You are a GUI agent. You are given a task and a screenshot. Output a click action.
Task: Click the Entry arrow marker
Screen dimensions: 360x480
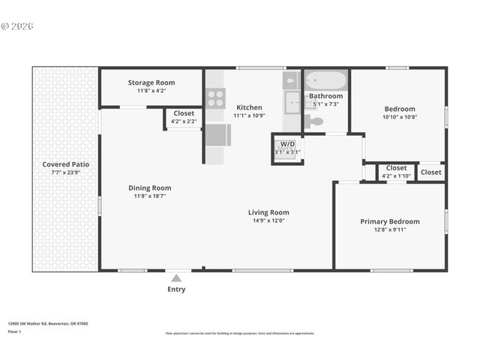pos(176,277)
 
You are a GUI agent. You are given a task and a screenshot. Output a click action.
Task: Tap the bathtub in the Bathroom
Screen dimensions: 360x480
pos(326,80)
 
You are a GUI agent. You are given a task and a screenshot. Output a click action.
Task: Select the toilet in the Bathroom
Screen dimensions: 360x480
pos(314,121)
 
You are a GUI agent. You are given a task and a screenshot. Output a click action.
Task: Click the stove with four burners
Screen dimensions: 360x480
pos(215,97)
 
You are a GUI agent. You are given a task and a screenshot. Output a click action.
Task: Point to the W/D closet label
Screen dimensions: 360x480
pos(287,144)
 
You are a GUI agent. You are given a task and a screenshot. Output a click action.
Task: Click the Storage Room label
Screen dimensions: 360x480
pos(151,82)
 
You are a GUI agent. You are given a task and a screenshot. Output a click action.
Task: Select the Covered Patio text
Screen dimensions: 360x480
pos(65,164)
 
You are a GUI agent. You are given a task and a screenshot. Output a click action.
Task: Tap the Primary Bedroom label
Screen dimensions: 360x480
pos(389,221)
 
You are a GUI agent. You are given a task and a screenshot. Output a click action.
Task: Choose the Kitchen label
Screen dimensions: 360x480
pos(249,107)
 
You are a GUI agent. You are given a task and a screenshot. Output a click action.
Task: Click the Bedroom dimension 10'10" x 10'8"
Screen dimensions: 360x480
pos(399,117)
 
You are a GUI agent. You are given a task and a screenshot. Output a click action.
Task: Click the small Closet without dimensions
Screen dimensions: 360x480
pos(430,172)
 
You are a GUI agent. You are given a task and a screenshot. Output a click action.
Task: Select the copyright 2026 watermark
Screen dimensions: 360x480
pos(17,25)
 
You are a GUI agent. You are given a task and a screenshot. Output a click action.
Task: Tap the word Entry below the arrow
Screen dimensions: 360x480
pos(176,289)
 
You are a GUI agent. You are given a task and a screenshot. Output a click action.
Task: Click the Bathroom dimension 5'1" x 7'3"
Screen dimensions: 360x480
pos(326,103)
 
